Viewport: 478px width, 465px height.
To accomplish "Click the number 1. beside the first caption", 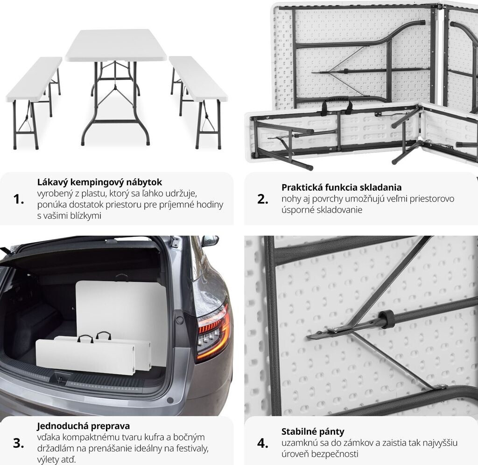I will [18, 199].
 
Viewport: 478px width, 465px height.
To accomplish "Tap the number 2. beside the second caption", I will [262, 199].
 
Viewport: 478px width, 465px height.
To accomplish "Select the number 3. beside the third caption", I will [18, 443].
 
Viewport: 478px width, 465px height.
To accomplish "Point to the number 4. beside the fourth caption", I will [262, 443].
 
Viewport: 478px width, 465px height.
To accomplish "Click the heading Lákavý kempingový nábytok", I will [99, 182].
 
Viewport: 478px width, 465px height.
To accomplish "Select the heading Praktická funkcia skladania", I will [341, 187].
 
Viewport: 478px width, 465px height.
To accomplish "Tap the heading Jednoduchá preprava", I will [83, 426].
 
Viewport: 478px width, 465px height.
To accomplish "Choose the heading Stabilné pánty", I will [313, 431].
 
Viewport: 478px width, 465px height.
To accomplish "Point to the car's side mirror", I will [210, 241].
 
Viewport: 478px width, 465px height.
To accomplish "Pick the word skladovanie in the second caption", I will [339, 210].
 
